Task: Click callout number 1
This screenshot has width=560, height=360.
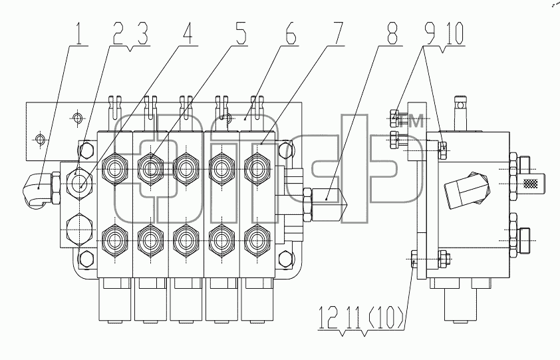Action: click(80, 34)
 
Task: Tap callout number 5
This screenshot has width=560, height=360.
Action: click(239, 34)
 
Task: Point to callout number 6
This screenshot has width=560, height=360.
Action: click(289, 34)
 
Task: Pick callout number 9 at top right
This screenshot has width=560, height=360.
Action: click(430, 34)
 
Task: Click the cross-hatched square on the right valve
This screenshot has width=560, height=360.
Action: click(530, 183)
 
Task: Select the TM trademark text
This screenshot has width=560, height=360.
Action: click(412, 121)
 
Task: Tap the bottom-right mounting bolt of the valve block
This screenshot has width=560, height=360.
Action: click(286, 259)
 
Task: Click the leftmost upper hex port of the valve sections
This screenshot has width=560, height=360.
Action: click(114, 169)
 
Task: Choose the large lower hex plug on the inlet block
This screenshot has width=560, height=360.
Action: click(80, 230)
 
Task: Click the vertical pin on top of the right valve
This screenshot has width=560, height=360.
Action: click(461, 114)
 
